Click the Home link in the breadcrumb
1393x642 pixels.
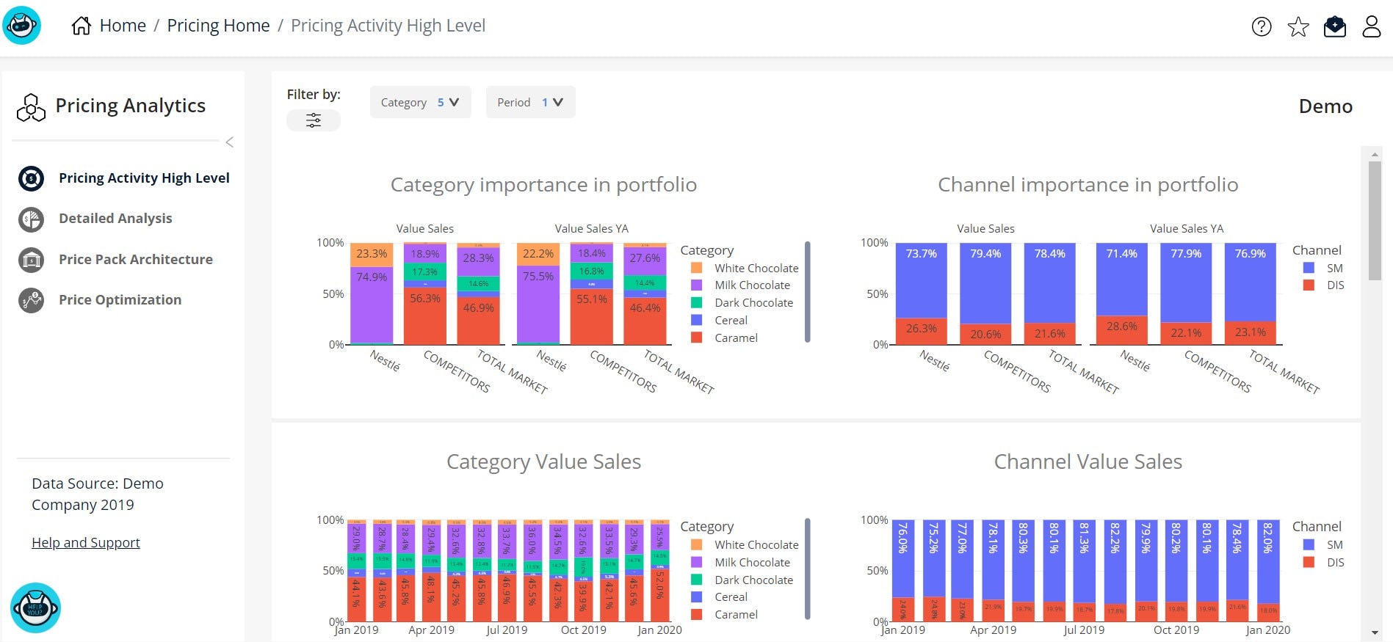click(122, 26)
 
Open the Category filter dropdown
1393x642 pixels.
click(420, 102)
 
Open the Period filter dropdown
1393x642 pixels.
click(530, 102)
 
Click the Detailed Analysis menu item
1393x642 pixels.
click(115, 219)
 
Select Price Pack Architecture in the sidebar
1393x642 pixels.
click(135, 259)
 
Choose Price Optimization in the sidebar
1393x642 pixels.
click(120, 299)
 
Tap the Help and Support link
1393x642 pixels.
click(86, 543)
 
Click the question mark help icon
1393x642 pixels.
click(1262, 27)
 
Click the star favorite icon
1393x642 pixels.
click(1298, 27)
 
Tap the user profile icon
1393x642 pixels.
click(1371, 27)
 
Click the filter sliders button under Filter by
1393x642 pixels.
click(314, 120)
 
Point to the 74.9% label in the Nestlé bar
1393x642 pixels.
click(372, 277)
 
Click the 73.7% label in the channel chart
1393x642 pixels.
click(921, 254)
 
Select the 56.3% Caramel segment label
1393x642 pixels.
click(425, 299)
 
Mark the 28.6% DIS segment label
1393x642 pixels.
click(1121, 327)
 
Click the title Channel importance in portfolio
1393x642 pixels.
click(1088, 185)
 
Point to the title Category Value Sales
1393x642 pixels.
click(543, 462)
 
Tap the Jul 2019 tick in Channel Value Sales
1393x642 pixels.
click(1084, 630)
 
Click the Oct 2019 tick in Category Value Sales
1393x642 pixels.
click(584, 630)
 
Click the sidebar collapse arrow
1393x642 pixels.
click(230, 142)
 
